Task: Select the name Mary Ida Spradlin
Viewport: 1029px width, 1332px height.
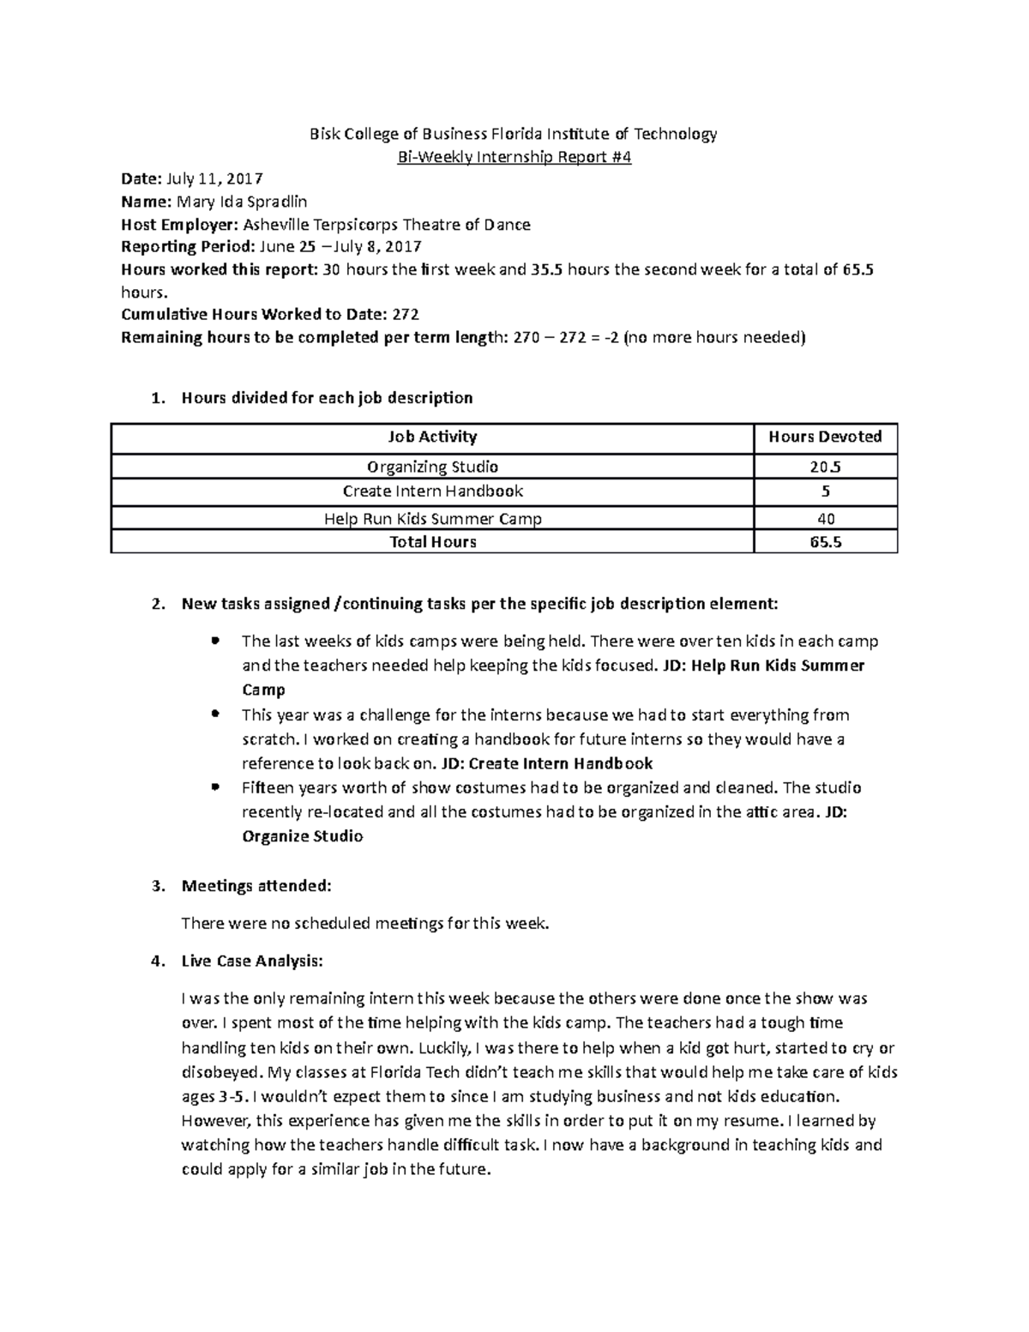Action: pyautogui.click(x=241, y=202)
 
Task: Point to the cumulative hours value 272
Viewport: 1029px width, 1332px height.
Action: pyautogui.click(x=405, y=315)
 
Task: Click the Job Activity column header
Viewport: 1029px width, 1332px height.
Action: pyautogui.click(x=432, y=437)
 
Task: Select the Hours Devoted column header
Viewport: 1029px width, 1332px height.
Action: pyautogui.click(x=825, y=437)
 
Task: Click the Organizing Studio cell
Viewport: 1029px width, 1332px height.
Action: pyautogui.click(x=432, y=467)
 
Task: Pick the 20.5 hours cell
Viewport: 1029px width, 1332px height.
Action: pyautogui.click(x=825, y=467)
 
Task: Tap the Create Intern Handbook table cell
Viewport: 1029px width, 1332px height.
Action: pyautogui.click(x=432, y=491)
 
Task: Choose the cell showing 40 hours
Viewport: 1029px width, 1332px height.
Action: pyautogui.click(x=826, y=518)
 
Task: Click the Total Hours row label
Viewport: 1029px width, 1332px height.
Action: pyautogui.click(x=432, y=542)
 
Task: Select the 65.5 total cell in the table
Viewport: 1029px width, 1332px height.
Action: pyautogui.click(x=825, y=542)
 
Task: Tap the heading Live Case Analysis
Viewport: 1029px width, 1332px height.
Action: pyautogui.click(x=252, y=961)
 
